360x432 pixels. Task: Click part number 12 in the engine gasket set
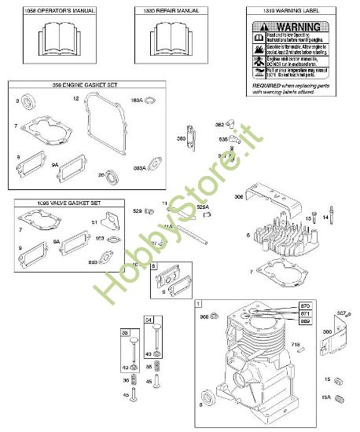[x=76, y=99]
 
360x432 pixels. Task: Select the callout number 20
[x=101, y=174]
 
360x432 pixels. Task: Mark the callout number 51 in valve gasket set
[x=94, y=222]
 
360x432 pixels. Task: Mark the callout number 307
[x=341, y=314]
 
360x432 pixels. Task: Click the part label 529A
[x=202, y=207]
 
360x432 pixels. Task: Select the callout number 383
[x=181, y=139]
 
